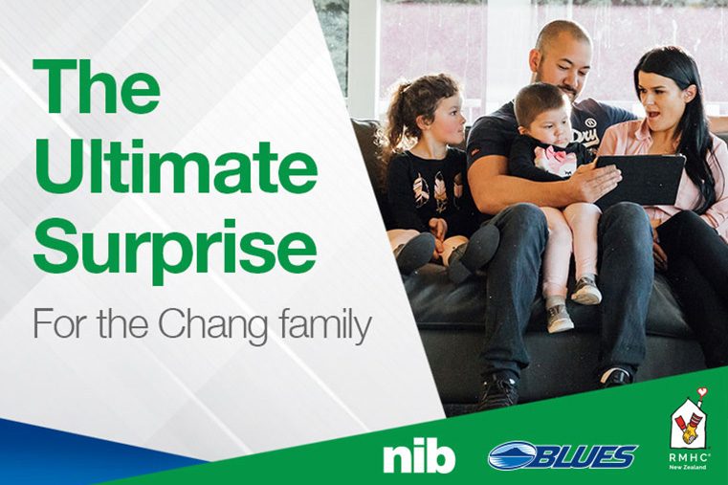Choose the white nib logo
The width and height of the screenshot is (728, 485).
tap(419, 457)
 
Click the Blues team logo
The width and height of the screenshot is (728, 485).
tap(563, 454)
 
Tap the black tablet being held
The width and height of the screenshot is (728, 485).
tap(640, 180)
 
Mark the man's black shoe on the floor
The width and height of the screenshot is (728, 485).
tap(497, 390)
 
